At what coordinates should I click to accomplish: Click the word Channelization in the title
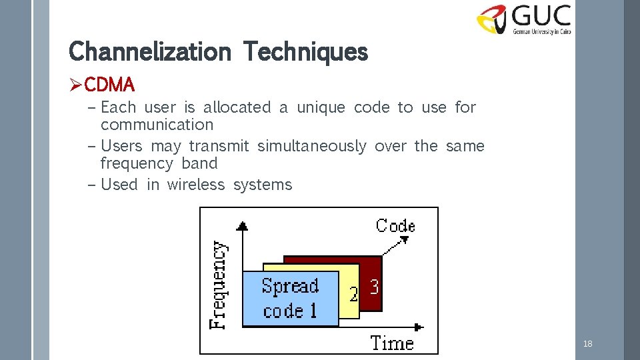tap(149, 51)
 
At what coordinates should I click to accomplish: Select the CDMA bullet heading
tap(110, 85)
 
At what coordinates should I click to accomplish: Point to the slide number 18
tap(587, 344)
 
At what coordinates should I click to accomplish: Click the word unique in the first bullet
tap(321, 107)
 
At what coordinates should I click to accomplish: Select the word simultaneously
tap(311, 146)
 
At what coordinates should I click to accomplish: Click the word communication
tap(157, 125)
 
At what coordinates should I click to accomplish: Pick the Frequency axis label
tap(219, 285)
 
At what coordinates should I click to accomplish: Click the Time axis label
tap(392, 343)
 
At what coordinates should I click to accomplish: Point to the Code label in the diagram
tap(395, 226)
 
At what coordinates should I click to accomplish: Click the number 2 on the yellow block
tap(353, 294)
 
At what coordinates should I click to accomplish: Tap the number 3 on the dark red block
tap(374, 287)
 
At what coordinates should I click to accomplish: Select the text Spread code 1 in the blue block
tap(290, 298)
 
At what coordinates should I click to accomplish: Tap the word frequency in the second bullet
tap(129, 163)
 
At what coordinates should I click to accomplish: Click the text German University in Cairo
tap(541, 31)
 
